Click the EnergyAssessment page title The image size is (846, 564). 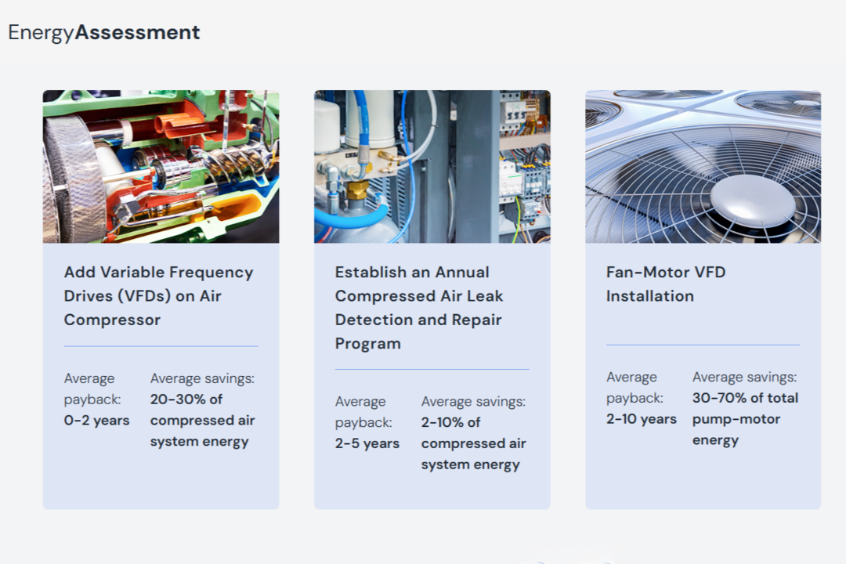pyautogui.click(x=104, y=32)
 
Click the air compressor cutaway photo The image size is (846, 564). pyautogui.click(x=161, y=167)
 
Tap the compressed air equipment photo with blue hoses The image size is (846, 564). pyautogui.click(x=432, y=167)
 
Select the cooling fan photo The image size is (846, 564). pyautogui.click(x=703, y=167)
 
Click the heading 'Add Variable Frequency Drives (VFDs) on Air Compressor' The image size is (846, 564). pyautogui.click(x=158, y=296)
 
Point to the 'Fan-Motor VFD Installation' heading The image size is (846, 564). pyautogui.click(x=666, y=284)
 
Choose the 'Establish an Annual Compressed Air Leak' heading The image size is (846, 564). pyautogui.click(x=418, y=284)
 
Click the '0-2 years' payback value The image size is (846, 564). pyautogui.click(x=96, y=421)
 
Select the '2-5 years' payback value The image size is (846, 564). pyautogui.click(x=367, y=443)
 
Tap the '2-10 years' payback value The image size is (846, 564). pyautogui.click(x=641, y=419)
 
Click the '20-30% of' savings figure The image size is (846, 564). pyautogui.click(x=186, y=399)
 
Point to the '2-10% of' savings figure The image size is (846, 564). pyautogui.click(x=450, y=422)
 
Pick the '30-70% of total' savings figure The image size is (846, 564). pyautogui.click(x=745, y=398)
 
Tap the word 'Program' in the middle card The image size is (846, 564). pyautogui.click(x=368, y=344)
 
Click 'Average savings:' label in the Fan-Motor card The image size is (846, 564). pyautogui.click(x=745, y=377)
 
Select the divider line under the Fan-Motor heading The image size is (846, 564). pyautogui.click(x=703, y=345)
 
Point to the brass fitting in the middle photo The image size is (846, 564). pyautogui.click(x=356, y=190)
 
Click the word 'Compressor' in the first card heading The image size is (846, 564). pyautogui.click(x=112, y=320)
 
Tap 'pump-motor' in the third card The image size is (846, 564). pyautogui.click(x=736, y=419)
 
